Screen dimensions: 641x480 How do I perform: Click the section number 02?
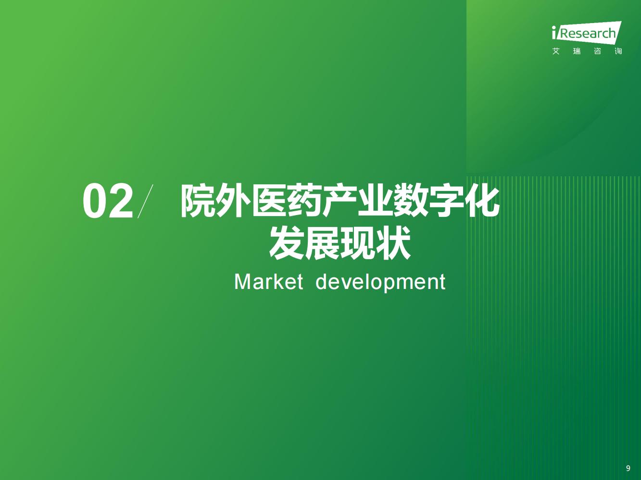[108, 201]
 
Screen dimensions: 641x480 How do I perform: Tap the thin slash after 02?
[145, 201]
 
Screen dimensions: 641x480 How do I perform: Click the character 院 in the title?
[199, 201]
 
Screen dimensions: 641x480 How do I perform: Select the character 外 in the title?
[234, 201]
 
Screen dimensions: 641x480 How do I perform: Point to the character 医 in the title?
[270, 201]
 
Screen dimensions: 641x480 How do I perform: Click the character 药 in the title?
[305, 201]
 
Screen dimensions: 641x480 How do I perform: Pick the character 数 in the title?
[411, 201]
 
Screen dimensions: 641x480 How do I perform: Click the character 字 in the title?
[447, 201]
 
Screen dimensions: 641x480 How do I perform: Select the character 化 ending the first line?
[482, 201]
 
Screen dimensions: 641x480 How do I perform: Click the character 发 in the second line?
[287, 243]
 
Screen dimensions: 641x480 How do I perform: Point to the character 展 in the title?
[322, 243]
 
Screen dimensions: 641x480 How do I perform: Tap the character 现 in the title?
[358, 243]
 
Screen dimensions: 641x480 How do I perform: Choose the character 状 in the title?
[393, 243]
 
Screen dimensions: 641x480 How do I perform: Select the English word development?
[380, 283]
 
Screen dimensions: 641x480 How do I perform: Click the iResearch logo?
[587, 33]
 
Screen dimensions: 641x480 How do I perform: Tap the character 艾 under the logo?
[556, 51]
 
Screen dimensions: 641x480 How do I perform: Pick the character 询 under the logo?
[618, 51]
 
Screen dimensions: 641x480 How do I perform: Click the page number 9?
[628, 468]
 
